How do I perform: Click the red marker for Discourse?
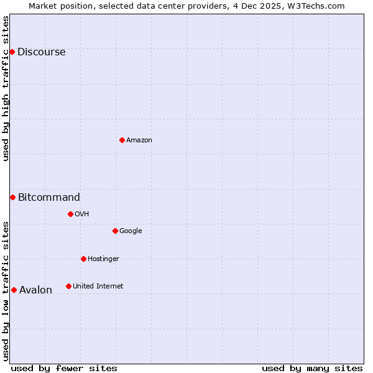coord(12,52)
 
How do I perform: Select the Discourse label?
coord(41,52)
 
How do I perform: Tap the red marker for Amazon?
coord(122,140)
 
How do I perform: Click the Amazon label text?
coord(139,140)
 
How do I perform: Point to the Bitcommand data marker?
coord(12,197)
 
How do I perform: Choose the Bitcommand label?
coord(48,198)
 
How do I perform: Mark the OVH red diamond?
coord(70,214)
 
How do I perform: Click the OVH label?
coord(81,214)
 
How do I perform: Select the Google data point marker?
coord(115,231)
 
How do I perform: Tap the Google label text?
coord(131,231)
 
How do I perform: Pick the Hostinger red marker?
coord(83,259)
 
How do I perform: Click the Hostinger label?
coord(103,259)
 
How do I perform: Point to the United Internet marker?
coord(68,286)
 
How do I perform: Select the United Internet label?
coord(98,287)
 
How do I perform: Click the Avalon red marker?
coord(14,290)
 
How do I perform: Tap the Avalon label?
coord(35,290)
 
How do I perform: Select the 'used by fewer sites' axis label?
coord(64,368)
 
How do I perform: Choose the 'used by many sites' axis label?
coord(312,368)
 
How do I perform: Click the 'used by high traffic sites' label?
coord(6,88)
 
